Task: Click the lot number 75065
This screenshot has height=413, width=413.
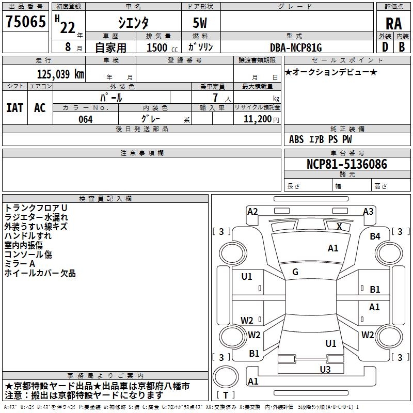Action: tap(26, 21)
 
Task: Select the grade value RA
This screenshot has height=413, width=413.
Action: tap(393, 24)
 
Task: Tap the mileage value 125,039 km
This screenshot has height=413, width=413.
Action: tap(60, 74)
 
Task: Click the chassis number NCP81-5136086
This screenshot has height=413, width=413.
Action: tap(347, 164)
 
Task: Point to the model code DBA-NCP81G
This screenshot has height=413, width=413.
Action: tap(296, 47)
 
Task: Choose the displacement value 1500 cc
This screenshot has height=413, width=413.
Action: tap(162, 47)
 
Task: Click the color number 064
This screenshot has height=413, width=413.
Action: tap(86, 119)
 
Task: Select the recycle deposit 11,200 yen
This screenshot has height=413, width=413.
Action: tap(261, 119)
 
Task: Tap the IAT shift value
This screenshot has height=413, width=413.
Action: tap(15, 108)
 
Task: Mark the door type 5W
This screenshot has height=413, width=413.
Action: tap(200, 23)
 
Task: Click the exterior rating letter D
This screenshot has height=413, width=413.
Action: tap(385, 47)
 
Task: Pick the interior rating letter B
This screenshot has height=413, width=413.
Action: tap(402, 47)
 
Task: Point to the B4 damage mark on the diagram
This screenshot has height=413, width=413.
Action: tap(375, 236)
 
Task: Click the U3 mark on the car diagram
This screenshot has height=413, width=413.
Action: tap(325, 369)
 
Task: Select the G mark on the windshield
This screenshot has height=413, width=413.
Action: tap(295, 272)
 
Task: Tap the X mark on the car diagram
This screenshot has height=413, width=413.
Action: tap(339, 227)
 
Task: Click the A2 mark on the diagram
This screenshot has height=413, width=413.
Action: tap(252, 212)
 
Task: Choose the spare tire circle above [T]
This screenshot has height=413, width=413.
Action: tap(226, 377)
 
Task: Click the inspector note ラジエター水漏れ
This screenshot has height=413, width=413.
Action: tap(36, 217)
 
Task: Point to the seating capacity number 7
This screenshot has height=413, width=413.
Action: tap(215, 98)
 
